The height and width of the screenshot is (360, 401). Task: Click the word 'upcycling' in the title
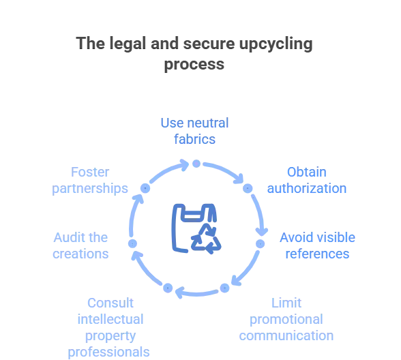click(x=276, y=44)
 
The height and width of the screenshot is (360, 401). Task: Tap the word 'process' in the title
click(x=194, y=64)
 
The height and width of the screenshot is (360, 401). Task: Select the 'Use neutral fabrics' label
click(x=194, y=131)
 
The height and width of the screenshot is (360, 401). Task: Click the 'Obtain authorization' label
click(x=307, y=180)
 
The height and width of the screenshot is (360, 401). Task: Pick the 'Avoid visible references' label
click(x=317, y=245)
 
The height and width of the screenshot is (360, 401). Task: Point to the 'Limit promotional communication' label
click(x=286, y=319)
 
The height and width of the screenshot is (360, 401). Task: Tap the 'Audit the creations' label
click(x=80, y=245)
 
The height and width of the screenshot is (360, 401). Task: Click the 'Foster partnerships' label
click(x=90, y=180)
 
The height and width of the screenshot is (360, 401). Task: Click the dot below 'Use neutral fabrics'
click(x=196, y=164)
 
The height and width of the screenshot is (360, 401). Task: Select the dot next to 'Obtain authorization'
click(x=248, y=188)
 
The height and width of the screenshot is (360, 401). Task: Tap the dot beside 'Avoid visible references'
click(x=261, y=244)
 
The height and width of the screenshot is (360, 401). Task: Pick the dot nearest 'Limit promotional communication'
click(x=224, y=288)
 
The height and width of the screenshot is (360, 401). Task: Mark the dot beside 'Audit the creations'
click(x=132, y=243)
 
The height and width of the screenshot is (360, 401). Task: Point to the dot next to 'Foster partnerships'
click(x=145, y=188)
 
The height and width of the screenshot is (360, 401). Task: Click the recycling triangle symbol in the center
click(x=206, y=239)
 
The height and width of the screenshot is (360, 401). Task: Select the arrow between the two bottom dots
click(x=196, y=293)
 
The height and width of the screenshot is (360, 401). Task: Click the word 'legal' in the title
click(x=128, y=44)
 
